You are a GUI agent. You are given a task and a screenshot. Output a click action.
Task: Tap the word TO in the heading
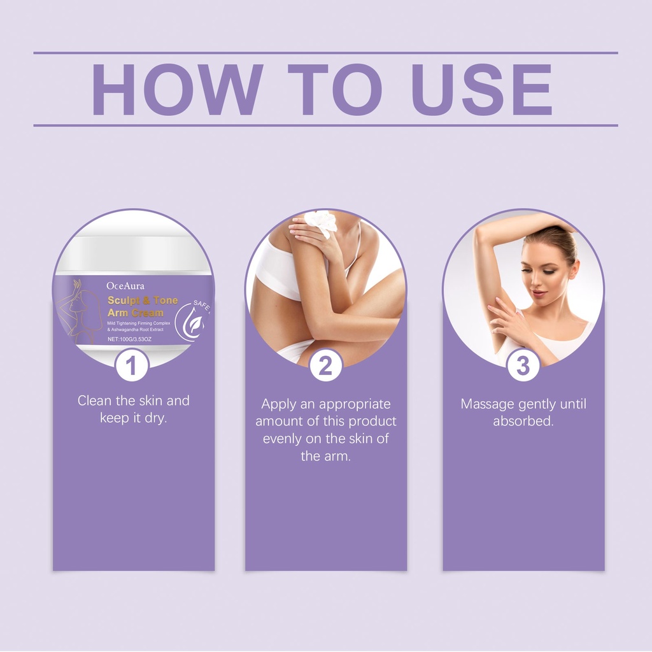(335, 89)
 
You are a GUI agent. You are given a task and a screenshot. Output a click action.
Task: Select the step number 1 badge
(132, 365)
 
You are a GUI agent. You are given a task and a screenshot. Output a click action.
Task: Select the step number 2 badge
(325, 365)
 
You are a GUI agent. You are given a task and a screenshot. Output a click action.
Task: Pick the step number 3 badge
(523, 365)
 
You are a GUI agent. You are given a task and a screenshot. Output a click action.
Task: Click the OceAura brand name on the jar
(125, 286)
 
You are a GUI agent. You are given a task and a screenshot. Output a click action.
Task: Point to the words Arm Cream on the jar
(135, 313)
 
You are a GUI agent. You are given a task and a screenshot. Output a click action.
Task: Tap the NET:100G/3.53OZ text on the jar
(129, 339)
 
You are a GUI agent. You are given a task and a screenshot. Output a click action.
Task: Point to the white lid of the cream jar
(132, 253)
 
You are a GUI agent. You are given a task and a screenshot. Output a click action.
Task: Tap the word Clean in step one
(95, 400)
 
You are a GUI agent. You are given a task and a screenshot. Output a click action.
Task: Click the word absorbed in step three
(523, 422)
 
